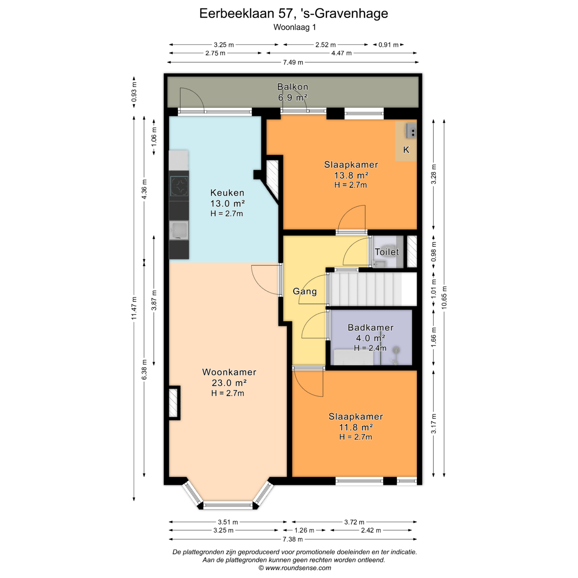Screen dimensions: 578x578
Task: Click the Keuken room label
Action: click(x=227, y=193)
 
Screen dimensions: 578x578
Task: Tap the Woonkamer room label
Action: click(x=229, y=372)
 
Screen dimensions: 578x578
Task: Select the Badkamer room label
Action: click(x=371, y=328)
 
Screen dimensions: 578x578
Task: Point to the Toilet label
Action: click(x=387, y=252)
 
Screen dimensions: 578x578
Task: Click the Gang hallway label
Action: click(x=305, y=292)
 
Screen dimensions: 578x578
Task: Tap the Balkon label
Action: click(x=293, y=87)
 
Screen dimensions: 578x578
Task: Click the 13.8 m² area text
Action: click(x=351, y=175)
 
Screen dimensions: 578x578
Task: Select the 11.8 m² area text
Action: click(x=356, y=427)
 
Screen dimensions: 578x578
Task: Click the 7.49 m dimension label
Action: click(x=293, y=62)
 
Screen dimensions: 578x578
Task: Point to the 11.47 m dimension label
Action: click(x=134, y=308)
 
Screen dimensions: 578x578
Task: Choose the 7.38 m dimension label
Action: click(x=293, y=539)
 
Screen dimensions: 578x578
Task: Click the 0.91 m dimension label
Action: click(x=388, y=45)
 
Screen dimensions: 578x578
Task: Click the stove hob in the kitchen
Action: click(x=179, y=186)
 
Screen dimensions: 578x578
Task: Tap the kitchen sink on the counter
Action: click(x=179, y=230)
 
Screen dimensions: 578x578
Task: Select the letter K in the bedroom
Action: click(x=406, y=150)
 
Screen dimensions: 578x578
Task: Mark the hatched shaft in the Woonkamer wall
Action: click(x=173, y=403)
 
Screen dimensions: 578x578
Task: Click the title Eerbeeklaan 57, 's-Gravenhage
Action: click(x=294, y=13)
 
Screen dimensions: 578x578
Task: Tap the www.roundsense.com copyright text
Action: click(x=295, y=568)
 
